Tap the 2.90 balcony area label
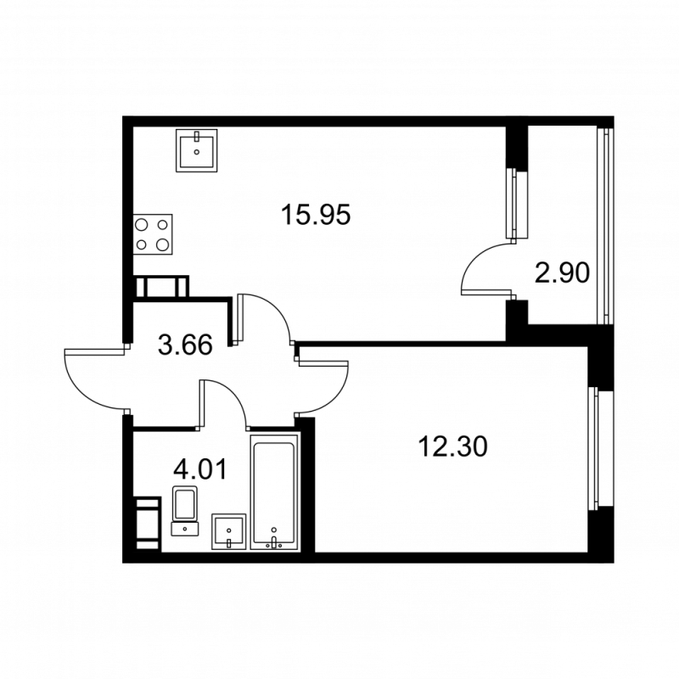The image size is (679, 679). point(561,273)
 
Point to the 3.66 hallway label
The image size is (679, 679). point(184,345)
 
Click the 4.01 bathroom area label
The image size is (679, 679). point(199,469)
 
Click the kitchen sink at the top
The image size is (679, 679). point(198,150)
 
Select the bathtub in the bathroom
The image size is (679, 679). point(274,492)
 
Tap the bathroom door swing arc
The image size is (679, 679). point(224,399)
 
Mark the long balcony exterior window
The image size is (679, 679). point(606,224)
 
